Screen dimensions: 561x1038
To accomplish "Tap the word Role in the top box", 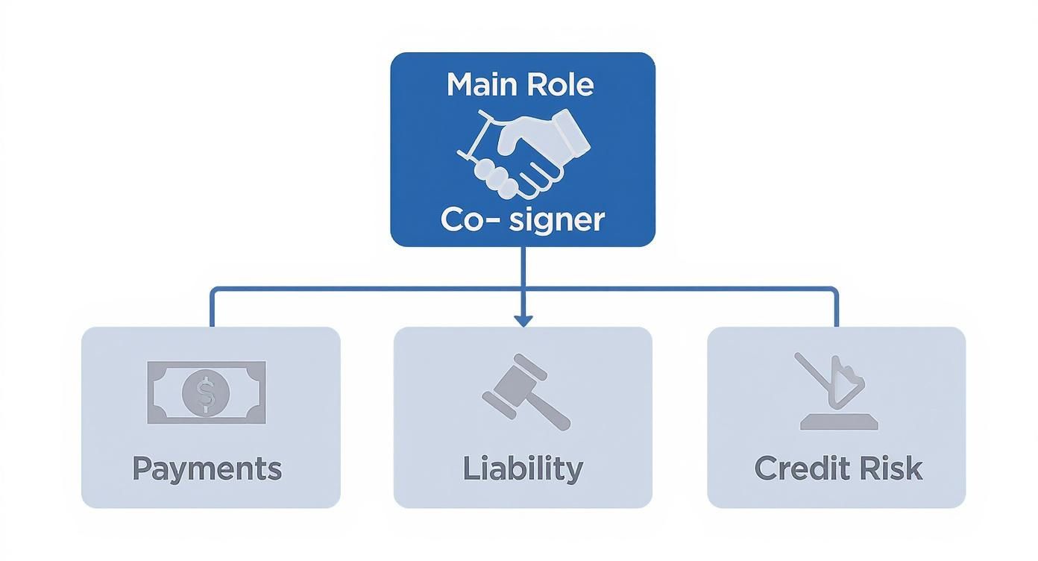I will (559, 84).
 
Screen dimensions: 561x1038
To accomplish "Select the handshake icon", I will (523, 153).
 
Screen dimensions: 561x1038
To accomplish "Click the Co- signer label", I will (522, 220).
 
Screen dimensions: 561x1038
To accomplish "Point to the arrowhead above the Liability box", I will (523, 319).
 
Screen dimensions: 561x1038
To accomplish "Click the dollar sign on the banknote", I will (207, 393).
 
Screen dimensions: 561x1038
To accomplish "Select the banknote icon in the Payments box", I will (207, 392).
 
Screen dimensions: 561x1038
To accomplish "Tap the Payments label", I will (207, 469).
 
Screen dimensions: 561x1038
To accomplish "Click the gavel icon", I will (525, 392).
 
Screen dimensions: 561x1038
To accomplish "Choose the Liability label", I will (523, 469).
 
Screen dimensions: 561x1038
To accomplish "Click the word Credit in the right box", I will (802, 469).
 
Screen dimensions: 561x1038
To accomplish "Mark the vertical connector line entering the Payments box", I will (212, 310).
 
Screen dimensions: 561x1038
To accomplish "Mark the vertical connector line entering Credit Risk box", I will (836, 310).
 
